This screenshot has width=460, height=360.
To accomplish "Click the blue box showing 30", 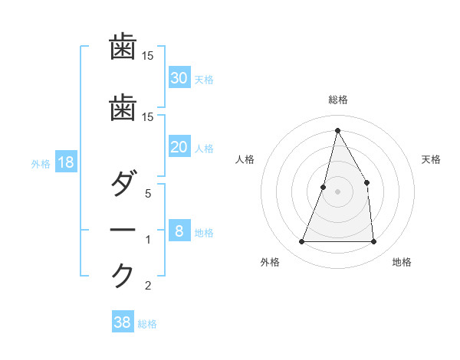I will [179, 77].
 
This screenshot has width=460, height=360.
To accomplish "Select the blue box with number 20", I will [179, 147].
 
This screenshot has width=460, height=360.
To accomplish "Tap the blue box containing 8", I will [179, 231].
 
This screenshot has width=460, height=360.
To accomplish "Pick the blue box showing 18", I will [65, 162].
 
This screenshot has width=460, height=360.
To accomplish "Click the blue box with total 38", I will [123, 322].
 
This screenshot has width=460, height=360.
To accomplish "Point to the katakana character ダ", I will [123, 185].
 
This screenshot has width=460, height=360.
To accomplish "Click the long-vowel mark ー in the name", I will [123, 231].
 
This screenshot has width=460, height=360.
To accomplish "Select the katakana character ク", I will [123, 275].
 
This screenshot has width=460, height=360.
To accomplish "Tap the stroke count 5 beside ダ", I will [149, 194].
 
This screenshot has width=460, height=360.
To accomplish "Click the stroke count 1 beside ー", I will [149, 240].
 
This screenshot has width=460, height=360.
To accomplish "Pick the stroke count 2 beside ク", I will [149, 286].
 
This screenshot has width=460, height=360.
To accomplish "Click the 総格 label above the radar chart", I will [337, 100].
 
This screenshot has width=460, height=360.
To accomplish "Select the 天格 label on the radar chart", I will [431, 159].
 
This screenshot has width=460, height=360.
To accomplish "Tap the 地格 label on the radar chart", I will [402, 262].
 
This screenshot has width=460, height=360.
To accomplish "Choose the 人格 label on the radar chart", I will [245, 159].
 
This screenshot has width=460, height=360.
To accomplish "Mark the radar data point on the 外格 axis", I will [301, 242].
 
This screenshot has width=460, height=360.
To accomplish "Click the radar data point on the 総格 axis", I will [337, 129].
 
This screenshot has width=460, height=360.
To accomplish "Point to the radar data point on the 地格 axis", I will [373, 242].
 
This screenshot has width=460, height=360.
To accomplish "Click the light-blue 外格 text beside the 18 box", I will [41, 163].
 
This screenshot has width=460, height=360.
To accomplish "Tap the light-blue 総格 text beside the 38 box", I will [147, 324].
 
